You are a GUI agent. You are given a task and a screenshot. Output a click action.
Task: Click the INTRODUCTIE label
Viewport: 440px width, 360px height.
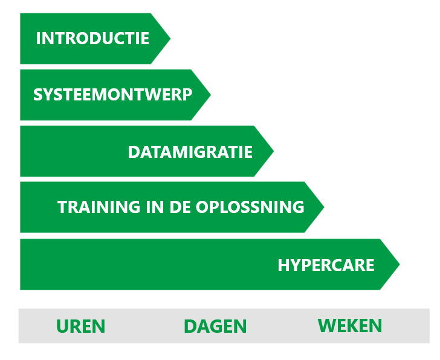coord(92,38)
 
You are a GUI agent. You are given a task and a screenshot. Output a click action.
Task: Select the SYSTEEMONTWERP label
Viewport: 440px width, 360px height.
coord(113,94)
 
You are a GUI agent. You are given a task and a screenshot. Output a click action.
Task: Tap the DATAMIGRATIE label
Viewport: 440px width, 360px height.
coord(190,152)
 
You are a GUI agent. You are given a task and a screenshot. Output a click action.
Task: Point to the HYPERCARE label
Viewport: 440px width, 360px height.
coord(326,265)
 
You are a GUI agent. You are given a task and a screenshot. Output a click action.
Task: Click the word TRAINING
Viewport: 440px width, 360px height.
coord(99,207)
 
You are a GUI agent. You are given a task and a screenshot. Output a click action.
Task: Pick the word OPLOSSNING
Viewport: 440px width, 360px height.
coord(250,207)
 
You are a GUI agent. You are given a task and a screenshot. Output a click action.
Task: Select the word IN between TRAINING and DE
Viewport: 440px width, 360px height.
coord(155,207)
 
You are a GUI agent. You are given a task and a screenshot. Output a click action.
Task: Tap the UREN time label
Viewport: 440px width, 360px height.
coord(81,326)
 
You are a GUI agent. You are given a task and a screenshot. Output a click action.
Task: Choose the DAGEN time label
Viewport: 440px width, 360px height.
coord(215,326)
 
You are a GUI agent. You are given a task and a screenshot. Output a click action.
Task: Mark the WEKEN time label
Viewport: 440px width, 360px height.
coord(350,326)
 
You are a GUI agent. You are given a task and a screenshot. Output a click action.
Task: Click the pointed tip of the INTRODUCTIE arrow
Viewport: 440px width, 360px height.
coord(170,39)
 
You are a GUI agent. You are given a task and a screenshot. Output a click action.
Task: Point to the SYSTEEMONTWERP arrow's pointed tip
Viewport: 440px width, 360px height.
coord(210,94)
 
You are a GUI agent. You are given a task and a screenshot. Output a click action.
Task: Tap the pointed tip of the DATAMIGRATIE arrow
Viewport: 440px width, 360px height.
coord(274,151)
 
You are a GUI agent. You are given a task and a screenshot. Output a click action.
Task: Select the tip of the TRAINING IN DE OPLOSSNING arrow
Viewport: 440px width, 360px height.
coord(324,208)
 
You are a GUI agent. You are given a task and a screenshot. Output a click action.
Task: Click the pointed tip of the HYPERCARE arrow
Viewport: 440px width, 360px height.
coord(400,264)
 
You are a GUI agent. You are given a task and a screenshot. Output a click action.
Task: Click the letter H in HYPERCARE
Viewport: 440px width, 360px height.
coord(283,265)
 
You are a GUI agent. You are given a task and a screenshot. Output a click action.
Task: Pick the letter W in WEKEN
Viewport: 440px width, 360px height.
coord(327,326)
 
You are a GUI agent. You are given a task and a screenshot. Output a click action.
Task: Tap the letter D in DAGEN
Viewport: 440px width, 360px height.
coord(190,326)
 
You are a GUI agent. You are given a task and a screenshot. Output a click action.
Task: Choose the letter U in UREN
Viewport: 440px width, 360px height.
coord(62,326)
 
